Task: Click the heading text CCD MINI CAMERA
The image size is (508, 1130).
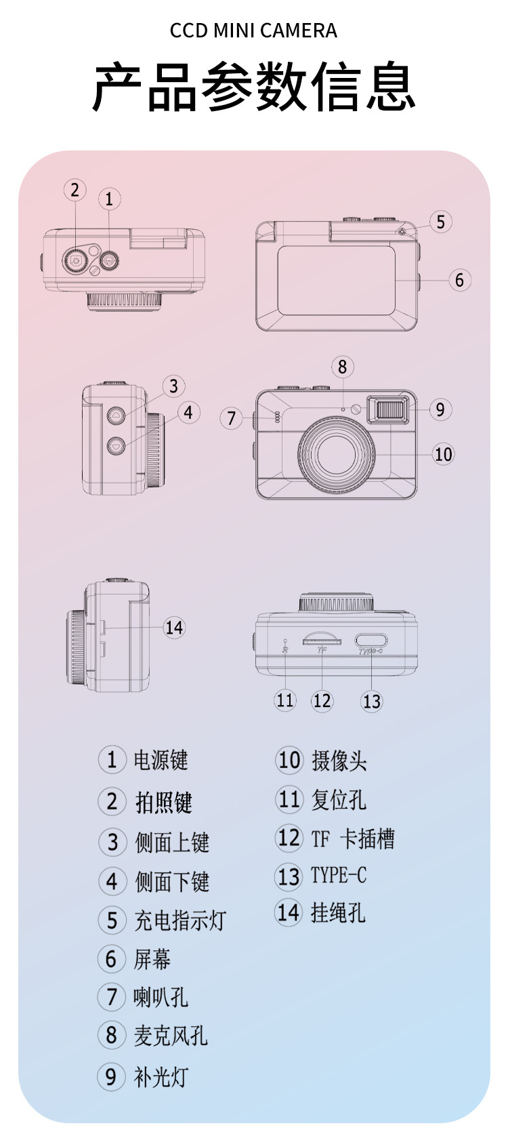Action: (253, 31)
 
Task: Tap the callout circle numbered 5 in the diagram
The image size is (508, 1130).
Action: (441, 222)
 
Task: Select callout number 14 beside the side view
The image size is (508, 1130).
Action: (174, 628)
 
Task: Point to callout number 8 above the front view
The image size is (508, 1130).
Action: (343, 367)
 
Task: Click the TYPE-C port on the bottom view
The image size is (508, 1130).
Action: (371, 641)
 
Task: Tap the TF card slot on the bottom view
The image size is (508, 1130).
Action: (322, 640)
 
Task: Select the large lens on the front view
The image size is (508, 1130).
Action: (337, 452)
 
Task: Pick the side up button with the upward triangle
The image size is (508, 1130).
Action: (117, 415)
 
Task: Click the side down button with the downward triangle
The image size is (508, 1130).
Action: (117, 445)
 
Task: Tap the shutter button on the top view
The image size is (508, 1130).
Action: (76, 260)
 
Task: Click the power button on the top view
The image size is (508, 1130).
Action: (109, 261)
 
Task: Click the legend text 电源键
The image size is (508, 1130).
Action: (161, 760)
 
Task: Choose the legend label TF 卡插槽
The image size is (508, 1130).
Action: (353, 839)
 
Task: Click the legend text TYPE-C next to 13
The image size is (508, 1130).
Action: (339, 875)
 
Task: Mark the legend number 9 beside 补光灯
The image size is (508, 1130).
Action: (111, 1077)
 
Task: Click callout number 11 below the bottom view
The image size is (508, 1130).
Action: (284, 700)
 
